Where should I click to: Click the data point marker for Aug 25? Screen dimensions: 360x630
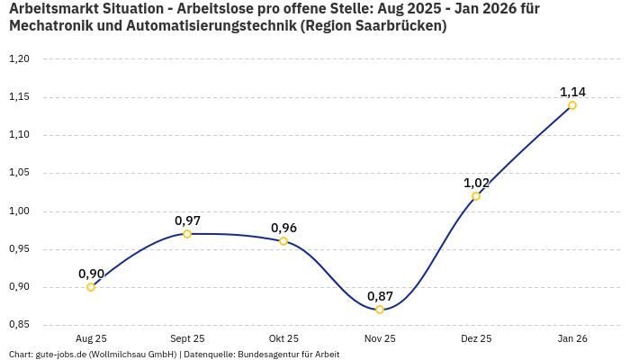coord(91,287)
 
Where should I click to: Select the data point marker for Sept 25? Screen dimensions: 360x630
coord(187,234)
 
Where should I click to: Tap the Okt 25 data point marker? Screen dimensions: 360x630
coord(283,241)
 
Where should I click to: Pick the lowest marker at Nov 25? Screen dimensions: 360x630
coord(380,310)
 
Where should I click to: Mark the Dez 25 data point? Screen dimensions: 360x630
coord(476,196)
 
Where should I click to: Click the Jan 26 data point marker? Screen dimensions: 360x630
coord(572,105)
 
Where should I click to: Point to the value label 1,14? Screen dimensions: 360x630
coord(572,92)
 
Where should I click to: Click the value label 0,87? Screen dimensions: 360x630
coord(380,296)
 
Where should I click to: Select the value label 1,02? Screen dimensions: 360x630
coord(476,183)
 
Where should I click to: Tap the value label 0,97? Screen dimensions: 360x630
coord(187,220)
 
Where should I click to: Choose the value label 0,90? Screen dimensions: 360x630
coord(91,274)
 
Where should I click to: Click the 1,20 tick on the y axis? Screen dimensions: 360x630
coord(19,59)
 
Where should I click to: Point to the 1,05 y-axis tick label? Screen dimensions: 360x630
coord(19,174)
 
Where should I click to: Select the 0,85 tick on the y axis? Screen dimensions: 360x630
coord(19,325)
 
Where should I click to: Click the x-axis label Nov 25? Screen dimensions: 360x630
coord(380,339)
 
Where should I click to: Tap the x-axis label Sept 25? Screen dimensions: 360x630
coord(187,339)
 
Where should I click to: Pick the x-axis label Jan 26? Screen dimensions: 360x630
coord(572,339)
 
